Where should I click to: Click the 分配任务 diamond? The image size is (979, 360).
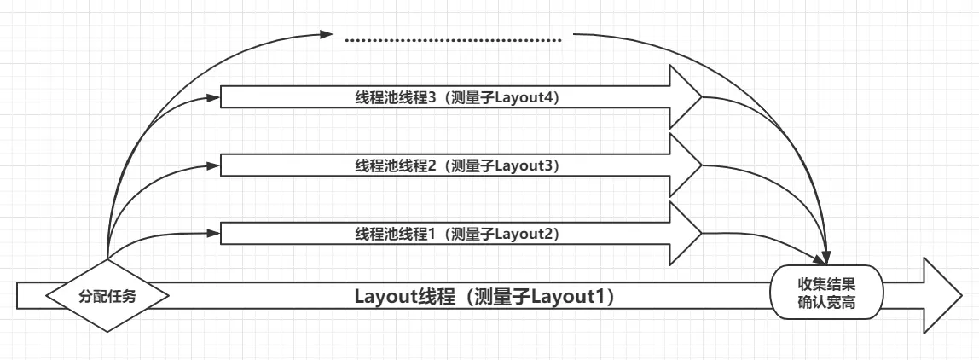pyautogui.click(x=107, y=295)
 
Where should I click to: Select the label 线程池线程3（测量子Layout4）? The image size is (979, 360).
pyautogui.click(x=457, y=98)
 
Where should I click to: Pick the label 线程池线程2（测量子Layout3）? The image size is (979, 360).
pyautogui.click(x=457, y=165)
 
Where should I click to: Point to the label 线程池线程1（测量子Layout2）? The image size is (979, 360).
pyautogui.click(x=457, y=233)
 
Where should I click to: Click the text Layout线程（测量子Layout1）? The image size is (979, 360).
pyautogui.click(x=485, y=297)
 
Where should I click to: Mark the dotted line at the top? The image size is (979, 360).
pyautogui.click(x=453, y=40)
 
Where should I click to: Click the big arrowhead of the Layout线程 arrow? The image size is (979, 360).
pyautogui.click(x=941, y=295)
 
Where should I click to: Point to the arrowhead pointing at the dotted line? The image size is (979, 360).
pyautogui.click(x=325, y=35)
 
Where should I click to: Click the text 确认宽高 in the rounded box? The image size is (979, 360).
pyautogui.click(x=826, y=304)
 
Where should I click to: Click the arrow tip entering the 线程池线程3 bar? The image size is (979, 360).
pyautogui.click(x=216, y=97)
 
